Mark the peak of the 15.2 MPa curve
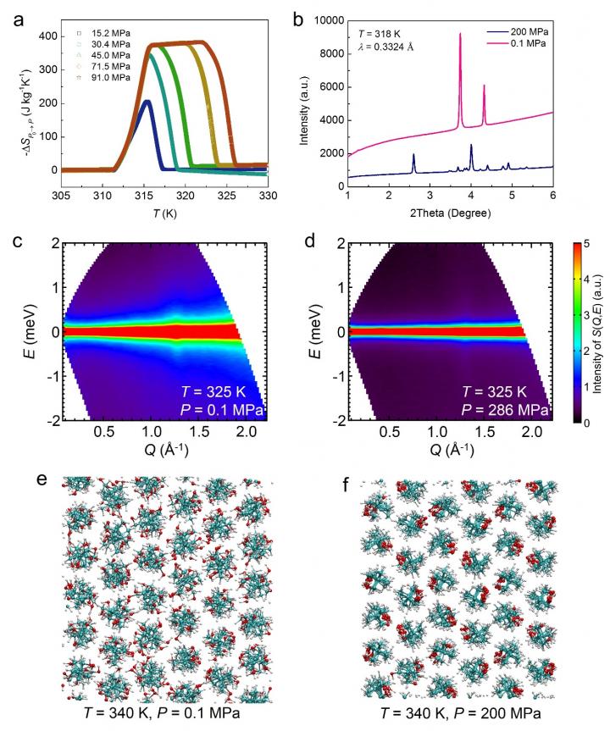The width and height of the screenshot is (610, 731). [147, 102]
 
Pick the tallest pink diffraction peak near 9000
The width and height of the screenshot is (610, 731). [459, 35]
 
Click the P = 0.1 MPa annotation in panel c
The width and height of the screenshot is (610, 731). [222, 411]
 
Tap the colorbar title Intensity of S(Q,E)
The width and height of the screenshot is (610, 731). [599, 334]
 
